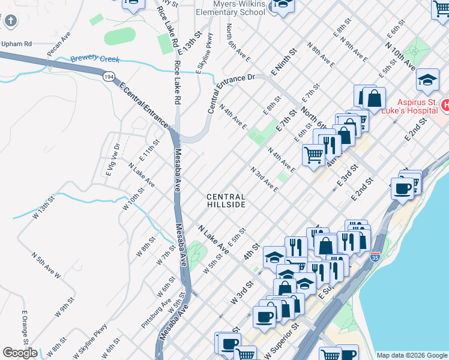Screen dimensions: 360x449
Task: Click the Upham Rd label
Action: click(x=16, y=44)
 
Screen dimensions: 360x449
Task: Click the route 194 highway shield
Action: click(x=109, y=77)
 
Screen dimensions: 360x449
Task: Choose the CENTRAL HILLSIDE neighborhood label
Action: click(x=226, y=200)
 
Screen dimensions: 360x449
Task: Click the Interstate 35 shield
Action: click(x=375, y=256)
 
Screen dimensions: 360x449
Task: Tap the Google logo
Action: click(x=20, y=353)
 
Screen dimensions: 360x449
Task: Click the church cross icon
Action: click(x=10, y=22)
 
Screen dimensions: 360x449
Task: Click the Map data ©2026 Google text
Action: click(x=411, y=355)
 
